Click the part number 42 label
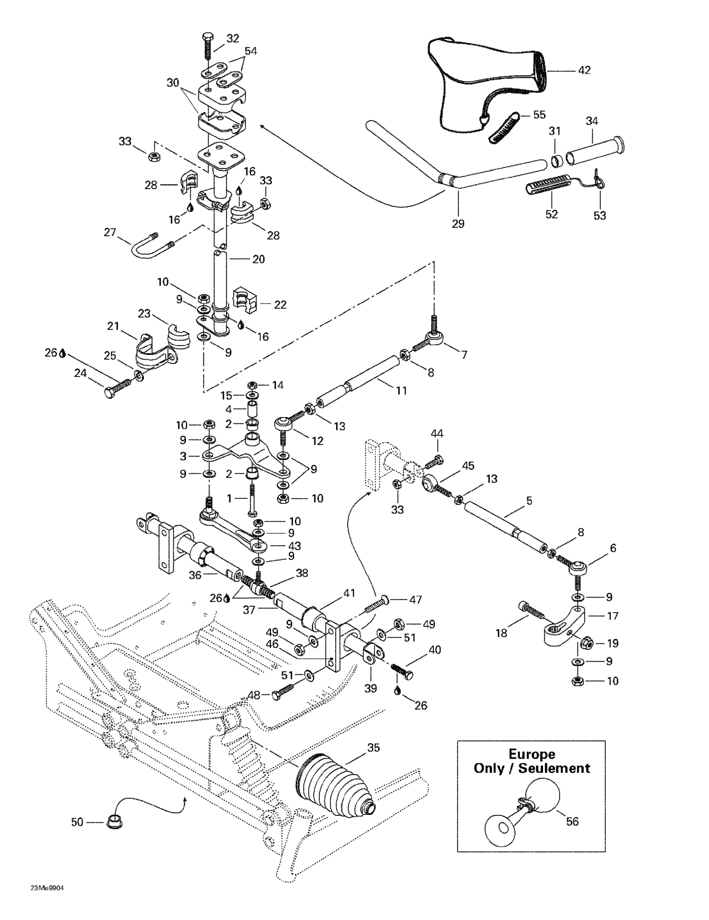coord(584,70)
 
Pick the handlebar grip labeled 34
coord(595,150)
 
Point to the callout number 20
coord(258,259)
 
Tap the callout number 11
coord(402,390)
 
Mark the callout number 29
coord(458,223)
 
